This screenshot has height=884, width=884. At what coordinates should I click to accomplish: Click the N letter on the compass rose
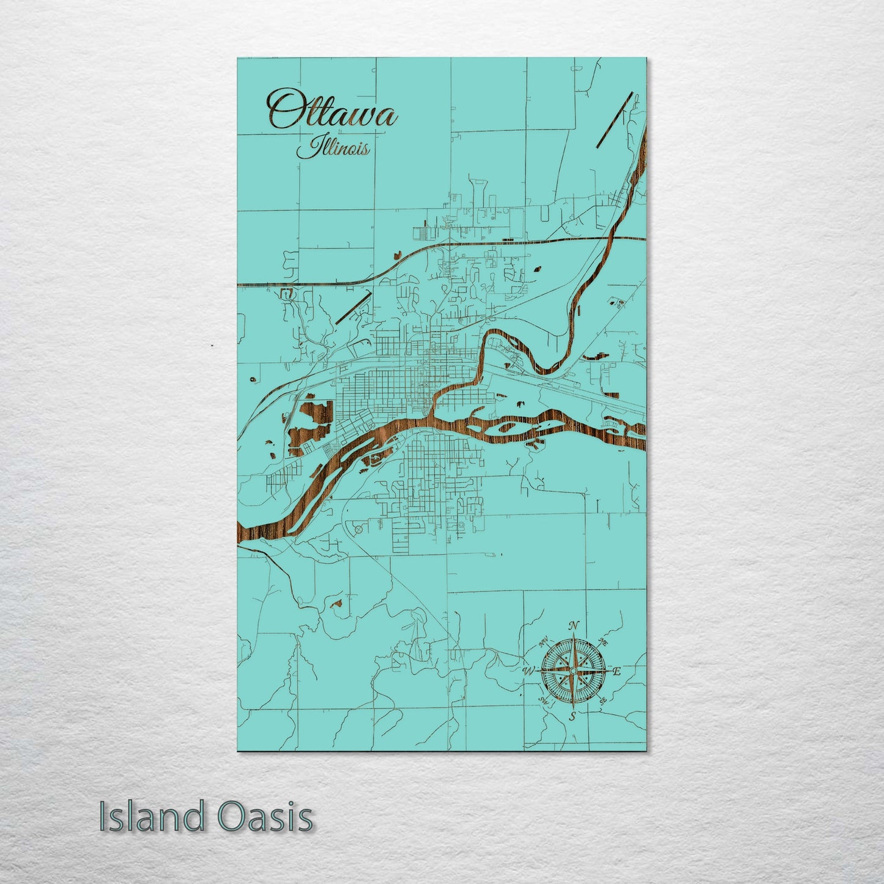[x=573, y=626]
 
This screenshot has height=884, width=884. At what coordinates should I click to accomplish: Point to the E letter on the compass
[x=617, y=672]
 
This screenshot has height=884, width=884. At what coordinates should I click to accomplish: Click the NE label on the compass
[x=603, y=642]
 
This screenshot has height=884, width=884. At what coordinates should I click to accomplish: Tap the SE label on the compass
[x=603, y=701]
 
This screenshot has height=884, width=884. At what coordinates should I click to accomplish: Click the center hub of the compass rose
[x=573, y=671]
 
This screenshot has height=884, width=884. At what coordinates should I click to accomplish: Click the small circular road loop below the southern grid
[x=358, y=527]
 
